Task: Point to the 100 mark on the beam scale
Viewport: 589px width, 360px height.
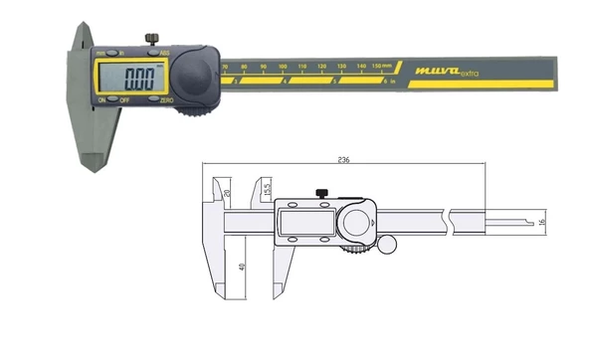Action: tap(284, 67)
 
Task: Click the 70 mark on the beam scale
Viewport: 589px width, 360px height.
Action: tap(225, 67)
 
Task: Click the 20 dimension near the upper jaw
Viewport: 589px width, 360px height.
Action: tap(227, 191)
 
